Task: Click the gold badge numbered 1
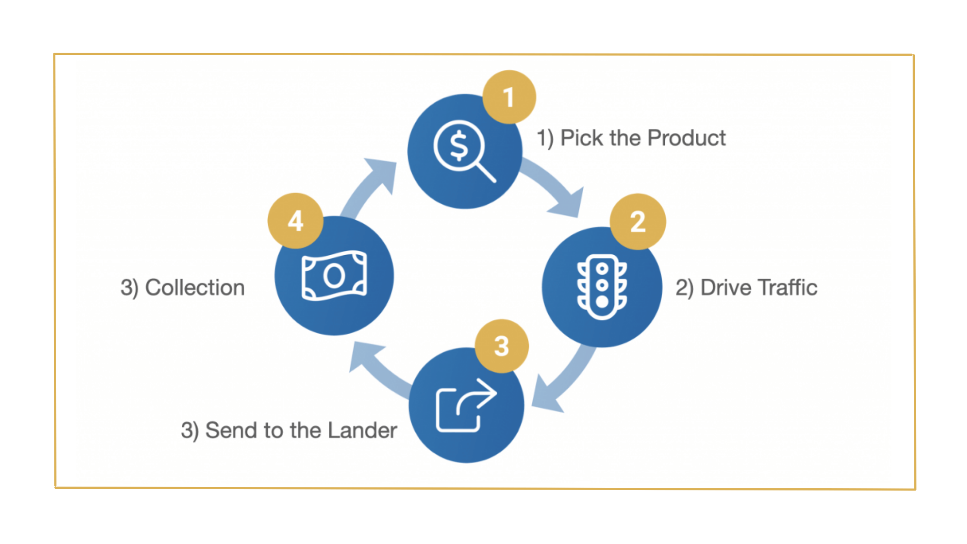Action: tap(509, 97)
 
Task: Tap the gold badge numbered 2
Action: tap(638, 221)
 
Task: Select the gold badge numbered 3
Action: tap(502, 346)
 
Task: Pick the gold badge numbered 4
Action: tap(296, 221)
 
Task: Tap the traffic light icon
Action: tap(602, 287)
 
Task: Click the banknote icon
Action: tap(334, 275)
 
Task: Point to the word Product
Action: tap(686, 138)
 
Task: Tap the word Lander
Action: tap(362, 430)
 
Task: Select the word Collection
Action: tap(195, 288)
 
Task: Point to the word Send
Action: tap(231, 430)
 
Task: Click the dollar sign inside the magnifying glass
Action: tap(459, 146)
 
